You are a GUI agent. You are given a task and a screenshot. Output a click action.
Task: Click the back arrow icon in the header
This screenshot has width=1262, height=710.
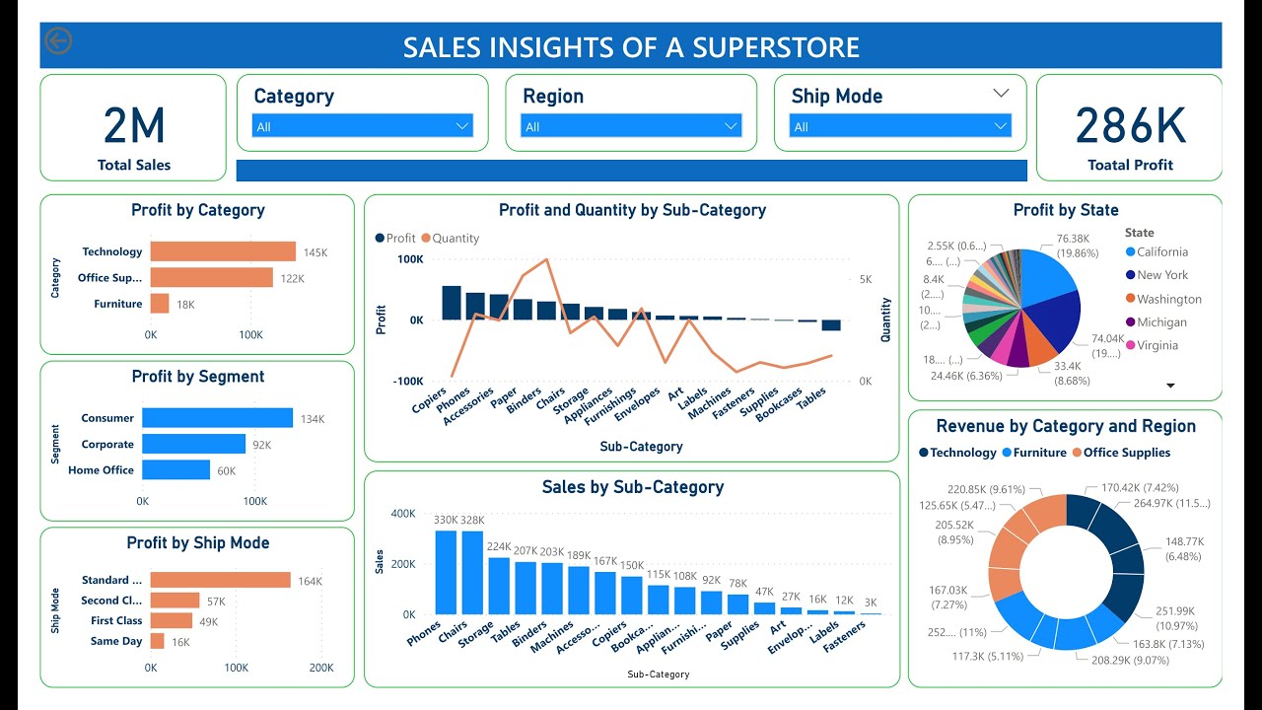tap(58, 41)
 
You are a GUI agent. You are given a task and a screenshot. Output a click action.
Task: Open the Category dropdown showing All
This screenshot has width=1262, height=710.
tap(363, 126)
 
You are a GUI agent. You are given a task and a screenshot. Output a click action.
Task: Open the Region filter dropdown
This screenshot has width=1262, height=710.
tap(631, 126)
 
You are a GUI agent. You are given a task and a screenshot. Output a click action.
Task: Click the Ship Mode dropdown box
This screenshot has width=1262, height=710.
tap(900, 126)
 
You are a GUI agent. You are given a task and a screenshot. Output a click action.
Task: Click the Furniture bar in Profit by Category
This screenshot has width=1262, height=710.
tap(160, 304)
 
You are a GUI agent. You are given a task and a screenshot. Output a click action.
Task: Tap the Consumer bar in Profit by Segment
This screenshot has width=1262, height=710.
tap(217, 418)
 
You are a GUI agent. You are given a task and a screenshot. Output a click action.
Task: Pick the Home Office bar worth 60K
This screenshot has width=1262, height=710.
tap(175, 470)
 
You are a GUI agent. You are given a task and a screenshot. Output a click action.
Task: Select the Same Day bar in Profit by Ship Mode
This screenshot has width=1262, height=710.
tap(158, 641)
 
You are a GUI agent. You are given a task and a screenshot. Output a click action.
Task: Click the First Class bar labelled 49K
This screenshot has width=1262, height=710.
tap(172, 620)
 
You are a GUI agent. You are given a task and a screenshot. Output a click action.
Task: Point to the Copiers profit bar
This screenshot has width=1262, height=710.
tap(452, 303)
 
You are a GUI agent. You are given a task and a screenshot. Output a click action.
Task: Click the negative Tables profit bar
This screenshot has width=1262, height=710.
tap(831, 325)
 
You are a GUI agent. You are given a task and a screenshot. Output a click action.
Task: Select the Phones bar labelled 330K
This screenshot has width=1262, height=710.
tap(447, 572)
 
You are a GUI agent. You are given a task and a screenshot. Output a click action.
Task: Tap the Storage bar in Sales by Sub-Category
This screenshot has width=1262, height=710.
tap(499, 586)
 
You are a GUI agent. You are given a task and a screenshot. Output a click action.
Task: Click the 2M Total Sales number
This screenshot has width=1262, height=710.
tap(134, 126)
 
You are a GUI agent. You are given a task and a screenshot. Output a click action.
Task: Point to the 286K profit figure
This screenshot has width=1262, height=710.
tap(1130, 126)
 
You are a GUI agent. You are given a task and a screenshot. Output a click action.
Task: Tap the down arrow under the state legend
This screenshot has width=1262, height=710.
tap(1171, 386)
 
